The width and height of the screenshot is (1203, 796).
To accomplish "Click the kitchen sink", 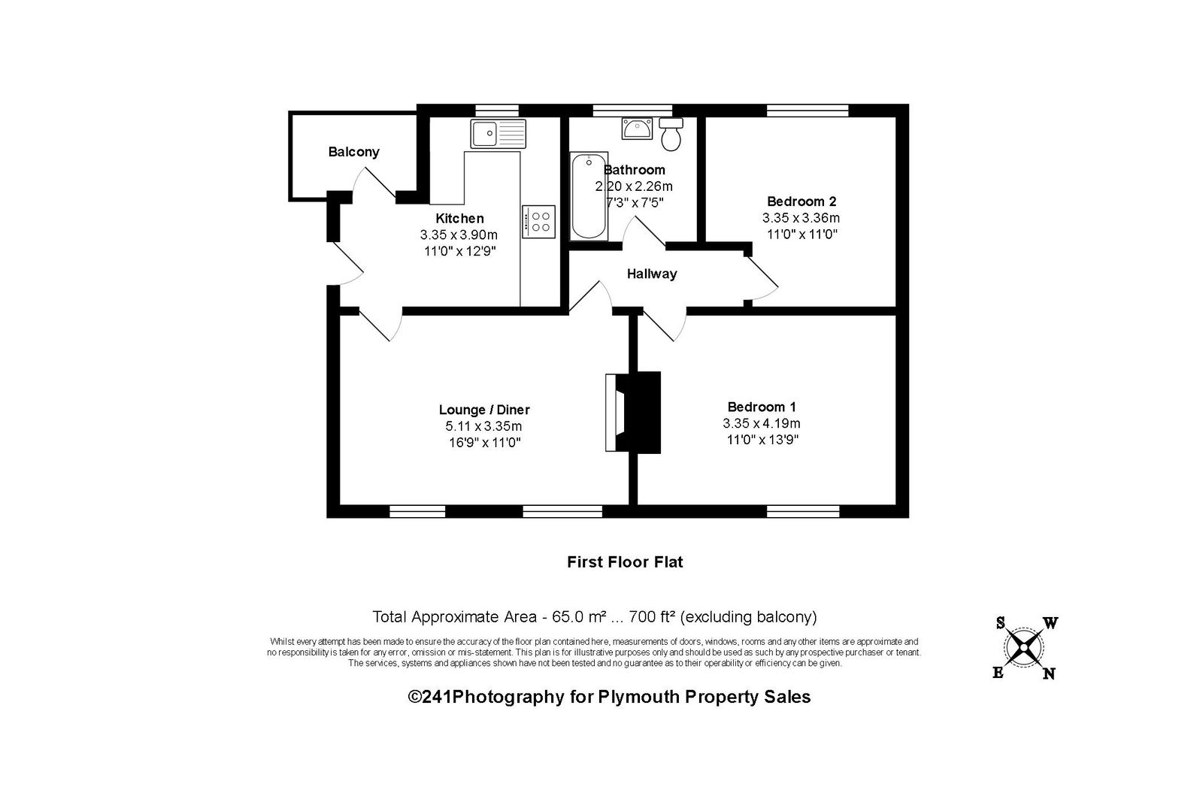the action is pos(498,134).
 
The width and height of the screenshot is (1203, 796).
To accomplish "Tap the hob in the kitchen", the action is pos(538,222).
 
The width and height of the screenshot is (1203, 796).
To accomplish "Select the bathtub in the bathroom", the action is pos(589,196).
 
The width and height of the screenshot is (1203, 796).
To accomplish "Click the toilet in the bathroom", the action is pos(671,135).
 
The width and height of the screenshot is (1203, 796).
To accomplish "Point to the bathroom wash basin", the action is pos(637,129).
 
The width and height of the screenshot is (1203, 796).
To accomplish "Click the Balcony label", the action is pos(353,152).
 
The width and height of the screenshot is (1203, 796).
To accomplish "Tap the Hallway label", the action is pos(652,274).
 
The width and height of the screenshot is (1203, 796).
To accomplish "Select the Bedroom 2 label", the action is pos(801,201).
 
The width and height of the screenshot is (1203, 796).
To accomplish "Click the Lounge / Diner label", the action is pos(484,410).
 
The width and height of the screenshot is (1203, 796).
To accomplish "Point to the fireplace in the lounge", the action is pos(632,412).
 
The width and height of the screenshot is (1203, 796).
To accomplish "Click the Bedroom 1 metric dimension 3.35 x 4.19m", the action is pos(762,423).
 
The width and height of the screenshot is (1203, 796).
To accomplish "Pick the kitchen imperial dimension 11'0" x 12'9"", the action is pos(459,250).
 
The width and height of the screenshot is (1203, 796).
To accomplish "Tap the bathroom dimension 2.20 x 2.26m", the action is pos(634,186).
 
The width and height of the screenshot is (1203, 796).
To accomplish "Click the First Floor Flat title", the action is pos(625,562).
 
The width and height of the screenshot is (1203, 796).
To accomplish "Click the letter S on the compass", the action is pos(1001,622).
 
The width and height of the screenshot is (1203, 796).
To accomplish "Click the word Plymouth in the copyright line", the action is pos(638,697).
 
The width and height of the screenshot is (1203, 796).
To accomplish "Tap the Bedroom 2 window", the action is pos(808,110).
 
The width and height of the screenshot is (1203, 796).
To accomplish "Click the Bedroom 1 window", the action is pos(803,511).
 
